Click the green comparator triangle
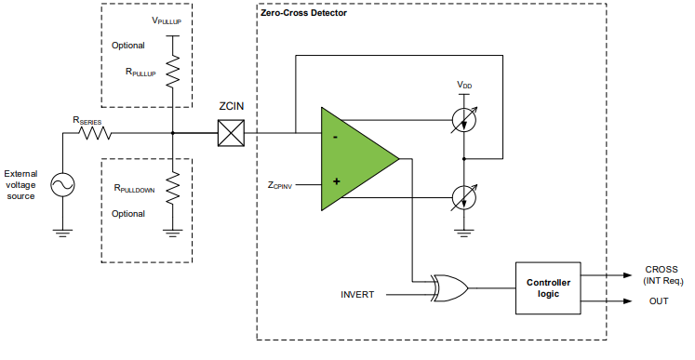[354, 158]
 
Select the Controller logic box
[548, 287]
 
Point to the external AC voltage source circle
[63, 186]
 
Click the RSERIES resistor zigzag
[95, 133]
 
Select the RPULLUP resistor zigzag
[172, 72]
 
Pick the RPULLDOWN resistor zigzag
[172, 189]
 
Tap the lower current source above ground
[462, 197]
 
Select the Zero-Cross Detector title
[305, 14]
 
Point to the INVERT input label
[357, 295]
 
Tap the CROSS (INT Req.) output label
[662, 274]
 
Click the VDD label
[463, 85]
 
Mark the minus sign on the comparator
[335, 137]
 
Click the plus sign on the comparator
[336, 181]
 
